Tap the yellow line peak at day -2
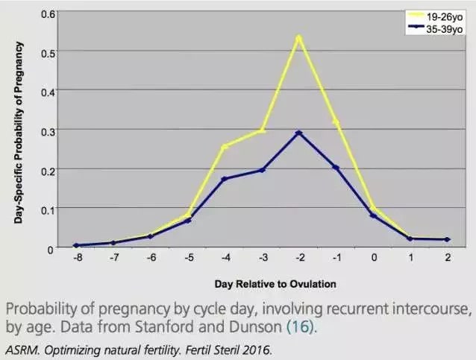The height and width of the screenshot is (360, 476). [299, 37]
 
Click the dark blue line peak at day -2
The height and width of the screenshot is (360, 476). [299, 133]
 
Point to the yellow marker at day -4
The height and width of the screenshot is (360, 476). [225, 146]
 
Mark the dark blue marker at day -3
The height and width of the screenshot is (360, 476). [262, 170]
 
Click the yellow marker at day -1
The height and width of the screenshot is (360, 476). [336, 121]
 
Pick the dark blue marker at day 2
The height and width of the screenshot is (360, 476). [448, 239]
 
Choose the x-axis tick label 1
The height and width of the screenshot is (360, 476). [410, 259]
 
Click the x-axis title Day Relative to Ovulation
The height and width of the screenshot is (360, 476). [275, 283]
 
